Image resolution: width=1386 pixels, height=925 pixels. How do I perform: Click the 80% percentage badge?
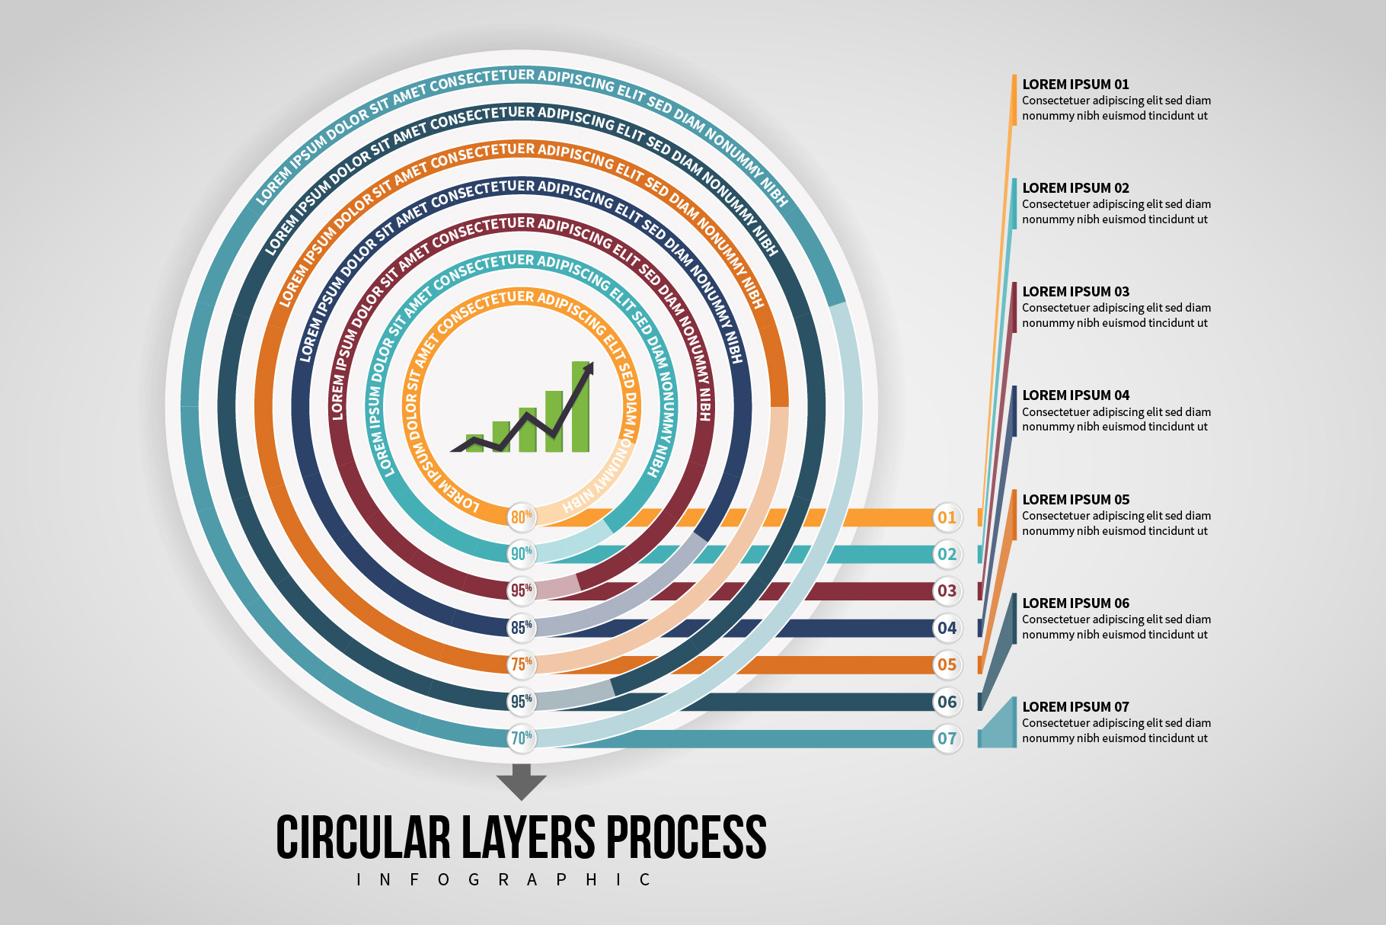pyautogui.click(x=522, y=517)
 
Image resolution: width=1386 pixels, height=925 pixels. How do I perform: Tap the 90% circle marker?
pyautogui.click(x=522, y=554)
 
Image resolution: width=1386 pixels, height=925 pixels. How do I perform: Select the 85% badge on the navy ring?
pyautogui.click(x=522, y=627)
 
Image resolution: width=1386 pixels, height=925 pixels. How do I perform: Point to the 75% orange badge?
pyautogui.click(x=522, y=664)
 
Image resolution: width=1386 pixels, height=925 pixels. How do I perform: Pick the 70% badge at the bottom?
pyautogui.click(x=522, y=738)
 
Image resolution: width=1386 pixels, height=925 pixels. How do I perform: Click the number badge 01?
pyautogui.click(x=947, y=517)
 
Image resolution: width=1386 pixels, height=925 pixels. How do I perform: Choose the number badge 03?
pyautogui.click(x=947, y=591)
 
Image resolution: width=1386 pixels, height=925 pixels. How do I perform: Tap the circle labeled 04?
pyautogui.click(x=947, y=628)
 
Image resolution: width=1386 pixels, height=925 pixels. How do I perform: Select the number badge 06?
pyautogui.click(x=947, y=702)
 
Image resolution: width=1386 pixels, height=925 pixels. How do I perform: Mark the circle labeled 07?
pyautogui.click(x=947, y=738)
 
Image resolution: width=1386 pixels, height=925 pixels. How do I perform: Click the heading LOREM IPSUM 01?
pyautogui.click(x=1075, y=85)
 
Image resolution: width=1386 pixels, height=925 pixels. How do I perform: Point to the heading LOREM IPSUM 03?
pyautogui.click(x=1075, y=292)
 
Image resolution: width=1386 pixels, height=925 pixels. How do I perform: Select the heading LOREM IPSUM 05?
pyautogui.click(x=1075, y=500)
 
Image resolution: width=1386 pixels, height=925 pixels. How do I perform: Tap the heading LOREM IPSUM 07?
pyautogui.click(x=1075, y=707)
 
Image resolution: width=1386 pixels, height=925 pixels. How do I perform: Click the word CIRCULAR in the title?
pyautogui.click(x=363, y=837)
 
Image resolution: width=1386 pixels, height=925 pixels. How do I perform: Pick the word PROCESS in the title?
pyautogui.click(x=685, y=837)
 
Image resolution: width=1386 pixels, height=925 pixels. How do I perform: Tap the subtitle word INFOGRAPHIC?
pyautogui.click(x=503, y=880)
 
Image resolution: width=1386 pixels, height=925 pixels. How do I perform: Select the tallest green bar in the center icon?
pyautogui.click(x=580, y=408)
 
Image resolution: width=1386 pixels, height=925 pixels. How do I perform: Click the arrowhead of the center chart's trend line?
pyautogui.click(x=588, y=368)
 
